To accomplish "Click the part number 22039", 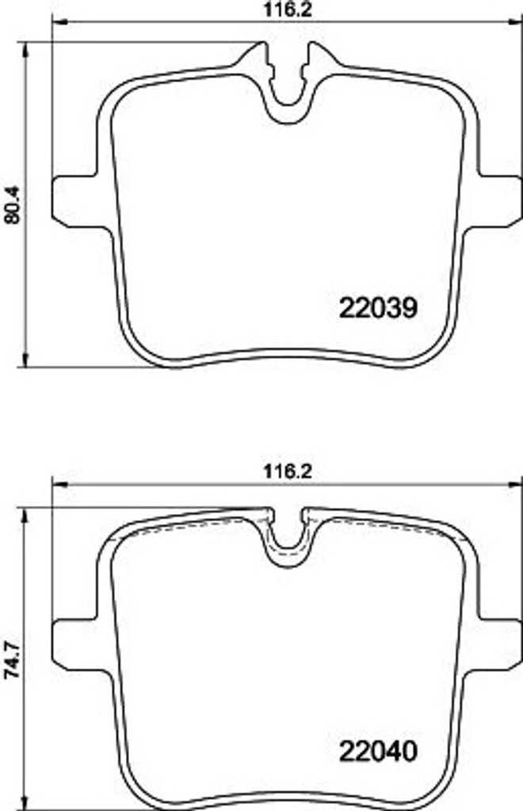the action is point(378,309).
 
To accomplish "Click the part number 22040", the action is point(378,752).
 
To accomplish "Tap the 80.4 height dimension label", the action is point(11,205).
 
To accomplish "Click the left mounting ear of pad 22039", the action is point(78,202).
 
